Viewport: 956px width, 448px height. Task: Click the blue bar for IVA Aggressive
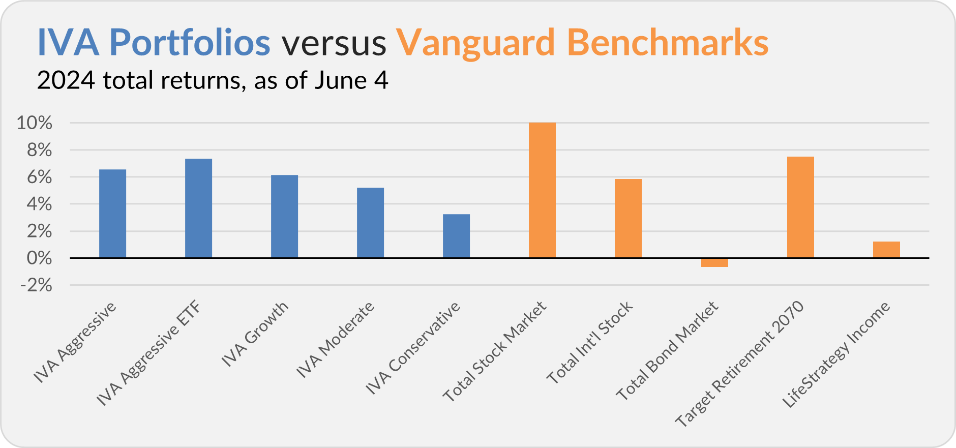tap(112, 214)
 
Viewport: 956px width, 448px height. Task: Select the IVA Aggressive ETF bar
tap(198, 208)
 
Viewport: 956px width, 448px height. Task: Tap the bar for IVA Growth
tap(284, 217)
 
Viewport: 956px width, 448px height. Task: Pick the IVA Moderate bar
tap(370, 223)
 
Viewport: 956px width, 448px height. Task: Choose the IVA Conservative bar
tap(456, 236)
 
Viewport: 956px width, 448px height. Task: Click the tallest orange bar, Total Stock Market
tap(542, 190)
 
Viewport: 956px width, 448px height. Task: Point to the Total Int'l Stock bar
tap(628, 219)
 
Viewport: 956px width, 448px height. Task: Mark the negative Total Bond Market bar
tap(714, 262)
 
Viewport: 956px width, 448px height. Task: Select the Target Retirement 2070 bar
tap(800, 207)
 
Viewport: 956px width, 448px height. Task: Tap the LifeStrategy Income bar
tap(886, 250)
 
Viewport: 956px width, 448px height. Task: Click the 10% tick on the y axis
tap(35, 123)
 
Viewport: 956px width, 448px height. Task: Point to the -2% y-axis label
tap(36, 285)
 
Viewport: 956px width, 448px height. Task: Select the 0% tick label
tap(39, 258)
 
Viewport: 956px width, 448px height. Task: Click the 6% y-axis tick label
tap(39, 177)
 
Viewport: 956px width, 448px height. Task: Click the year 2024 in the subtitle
tap(66, 81)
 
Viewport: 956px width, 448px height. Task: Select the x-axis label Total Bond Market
tap(667, 351)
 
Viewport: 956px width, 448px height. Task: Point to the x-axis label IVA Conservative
tap(413, 348)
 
